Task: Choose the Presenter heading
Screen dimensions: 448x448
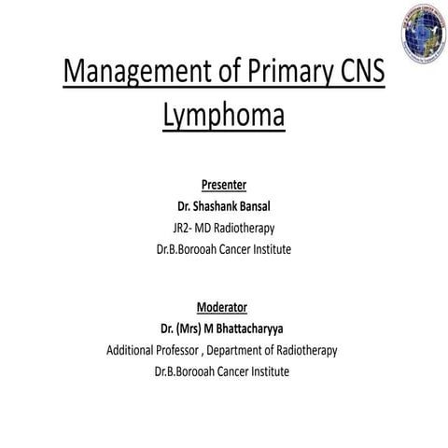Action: pyautogui.click(x=223, y=183)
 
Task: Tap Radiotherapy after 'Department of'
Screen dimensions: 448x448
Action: pyautogui.click(x=312, y=350)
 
